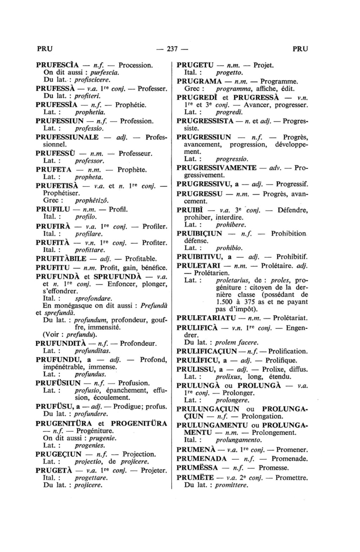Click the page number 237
[x=172, y=49]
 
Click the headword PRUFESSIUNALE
[x=67, y=137]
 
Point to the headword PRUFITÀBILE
[x=61, y=259]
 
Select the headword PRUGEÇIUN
[x=59, y=454]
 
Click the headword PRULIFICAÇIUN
[x=206, y=351]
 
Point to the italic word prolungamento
[x=239, y=440]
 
